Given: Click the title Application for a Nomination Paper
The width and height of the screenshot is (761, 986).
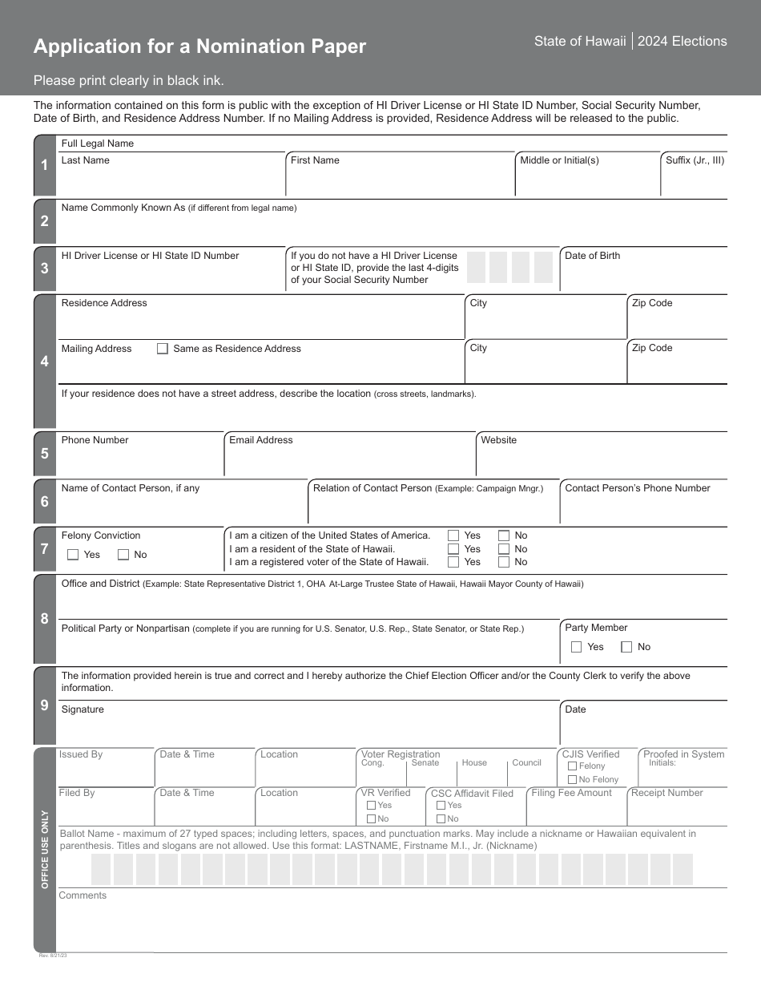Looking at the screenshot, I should pyautogui.click(x=199, y=46).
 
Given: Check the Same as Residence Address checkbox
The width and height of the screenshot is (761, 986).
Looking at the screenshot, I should pyautogui.click(x=163, y=349).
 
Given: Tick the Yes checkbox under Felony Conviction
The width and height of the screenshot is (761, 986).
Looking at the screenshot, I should pyautogui.click(x=73, y=555).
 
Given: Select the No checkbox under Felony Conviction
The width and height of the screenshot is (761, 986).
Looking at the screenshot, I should pyautogui.click(x=123, y=555).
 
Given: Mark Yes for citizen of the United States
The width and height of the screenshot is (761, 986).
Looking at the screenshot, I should pyautogui.click(x=453, y=535).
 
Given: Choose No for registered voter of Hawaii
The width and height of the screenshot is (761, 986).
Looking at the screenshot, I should pyautogui.click(x=504, y=562).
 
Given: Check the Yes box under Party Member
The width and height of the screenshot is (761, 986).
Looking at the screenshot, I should pyautogui.click(x=577, y=647).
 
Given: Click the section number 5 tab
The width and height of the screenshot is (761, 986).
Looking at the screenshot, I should pyautogui.click(x=45, y=454).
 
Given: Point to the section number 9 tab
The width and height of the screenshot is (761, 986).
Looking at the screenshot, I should pyautogui.click(x=45, y=705).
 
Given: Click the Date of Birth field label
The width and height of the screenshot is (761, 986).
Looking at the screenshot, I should pyautogui.click(x=592, y=256).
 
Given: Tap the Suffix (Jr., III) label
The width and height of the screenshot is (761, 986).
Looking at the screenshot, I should pyautogui.click(x=695, y=160).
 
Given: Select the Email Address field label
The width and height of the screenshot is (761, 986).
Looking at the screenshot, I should pyautogui.click(x=261, y=440).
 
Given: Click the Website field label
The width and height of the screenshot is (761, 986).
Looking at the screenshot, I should pyautogui.click(x=499, y=440).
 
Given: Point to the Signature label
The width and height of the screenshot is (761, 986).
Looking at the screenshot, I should pyautogui.click(x=83, y=709).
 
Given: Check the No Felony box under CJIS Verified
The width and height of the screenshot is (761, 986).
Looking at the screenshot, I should pyautogui.click(x=572, y=780).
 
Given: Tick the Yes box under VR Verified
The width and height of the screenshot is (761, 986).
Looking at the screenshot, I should pyautogui.click(x=371, y=806).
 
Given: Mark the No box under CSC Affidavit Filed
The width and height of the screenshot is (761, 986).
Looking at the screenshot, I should pyautogui.click(x=441, y=819).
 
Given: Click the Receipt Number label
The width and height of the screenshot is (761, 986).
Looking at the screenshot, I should pyautogui.click(x=666, y=793).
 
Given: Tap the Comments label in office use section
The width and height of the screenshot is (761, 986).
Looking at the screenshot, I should pyautogui.click(x=83, y=895).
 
